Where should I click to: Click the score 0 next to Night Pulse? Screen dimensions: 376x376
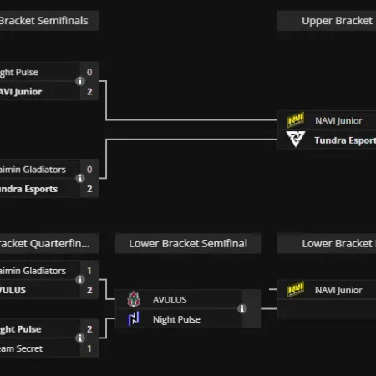pos(89,73)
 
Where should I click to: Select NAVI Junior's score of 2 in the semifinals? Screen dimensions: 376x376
pos(89,91)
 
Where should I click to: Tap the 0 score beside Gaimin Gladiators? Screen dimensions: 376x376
pos(89,170)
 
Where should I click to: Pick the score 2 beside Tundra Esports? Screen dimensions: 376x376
pos(89,189)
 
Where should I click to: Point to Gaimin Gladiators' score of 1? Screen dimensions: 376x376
pos(89,271)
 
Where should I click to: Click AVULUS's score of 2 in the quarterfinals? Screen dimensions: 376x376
pos(89,289)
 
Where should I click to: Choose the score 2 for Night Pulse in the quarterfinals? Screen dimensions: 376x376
pos(89,329)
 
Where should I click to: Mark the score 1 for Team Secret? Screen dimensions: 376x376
pos(89,348)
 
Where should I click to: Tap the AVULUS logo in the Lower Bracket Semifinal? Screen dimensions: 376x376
pos(134,300)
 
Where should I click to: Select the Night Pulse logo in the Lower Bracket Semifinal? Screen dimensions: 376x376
pos(134,318)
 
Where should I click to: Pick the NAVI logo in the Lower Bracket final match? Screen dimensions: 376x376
pos(296,290)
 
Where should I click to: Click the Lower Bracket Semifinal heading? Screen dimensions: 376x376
pos(188,243)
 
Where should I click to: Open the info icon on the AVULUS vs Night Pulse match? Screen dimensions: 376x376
pos(242,309)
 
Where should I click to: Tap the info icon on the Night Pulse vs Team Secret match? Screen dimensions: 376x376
pos(80,338)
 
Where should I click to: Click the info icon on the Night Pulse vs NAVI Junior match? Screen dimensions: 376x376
pos(80,82)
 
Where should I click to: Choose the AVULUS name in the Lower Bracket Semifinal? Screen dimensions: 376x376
pos(170,300)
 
